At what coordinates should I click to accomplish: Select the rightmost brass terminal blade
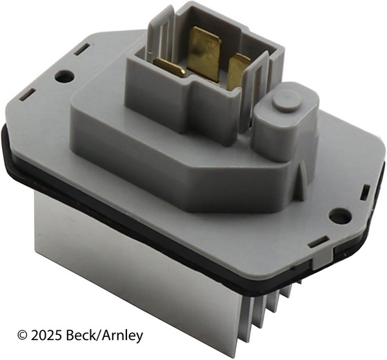237,71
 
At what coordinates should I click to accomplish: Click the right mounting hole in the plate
341,217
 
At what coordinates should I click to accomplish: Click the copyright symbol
22,335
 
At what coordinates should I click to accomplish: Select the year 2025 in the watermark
46,335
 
